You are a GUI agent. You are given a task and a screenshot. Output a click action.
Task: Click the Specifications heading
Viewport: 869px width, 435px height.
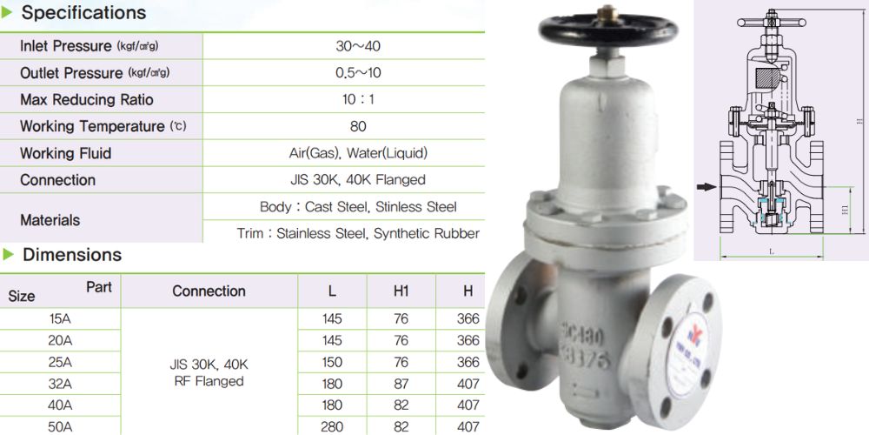coord(83,13)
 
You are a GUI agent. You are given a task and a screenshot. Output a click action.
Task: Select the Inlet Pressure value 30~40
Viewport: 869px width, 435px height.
coord(357,46)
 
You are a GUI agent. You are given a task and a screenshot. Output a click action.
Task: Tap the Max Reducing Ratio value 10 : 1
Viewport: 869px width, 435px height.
coord(358,100)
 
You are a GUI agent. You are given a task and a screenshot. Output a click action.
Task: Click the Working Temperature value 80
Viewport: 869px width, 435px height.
coord(358,127)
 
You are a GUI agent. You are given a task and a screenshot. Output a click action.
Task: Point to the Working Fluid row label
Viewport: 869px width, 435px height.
coord(65,154)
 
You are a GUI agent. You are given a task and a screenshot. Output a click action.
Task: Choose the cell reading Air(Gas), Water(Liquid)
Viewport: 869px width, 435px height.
coord(358,154)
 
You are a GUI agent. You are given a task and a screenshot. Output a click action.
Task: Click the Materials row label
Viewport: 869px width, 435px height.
coord(50,220)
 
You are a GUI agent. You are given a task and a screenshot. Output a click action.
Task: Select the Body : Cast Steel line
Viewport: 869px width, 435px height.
coord(358,207)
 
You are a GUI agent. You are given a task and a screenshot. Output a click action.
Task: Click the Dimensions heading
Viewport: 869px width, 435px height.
coord(71,255)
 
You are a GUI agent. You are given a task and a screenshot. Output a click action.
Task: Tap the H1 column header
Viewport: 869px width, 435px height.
coord(401,291)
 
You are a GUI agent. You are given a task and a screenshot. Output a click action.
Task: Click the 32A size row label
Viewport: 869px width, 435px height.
coord(61,384)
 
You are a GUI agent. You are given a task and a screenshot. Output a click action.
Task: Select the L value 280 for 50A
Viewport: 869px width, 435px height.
coord(332,426)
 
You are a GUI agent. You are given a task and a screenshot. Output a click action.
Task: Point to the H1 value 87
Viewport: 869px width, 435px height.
coord(401,384)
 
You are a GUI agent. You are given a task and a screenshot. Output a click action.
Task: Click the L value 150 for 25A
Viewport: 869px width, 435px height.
coord(332,362)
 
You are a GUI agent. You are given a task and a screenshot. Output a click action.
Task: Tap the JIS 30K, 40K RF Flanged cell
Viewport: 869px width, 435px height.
coord(209,372)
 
